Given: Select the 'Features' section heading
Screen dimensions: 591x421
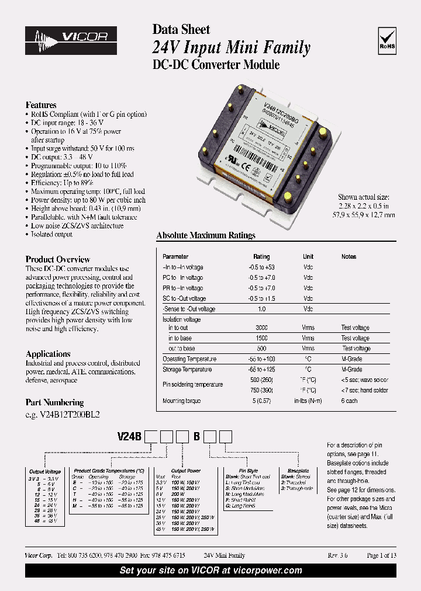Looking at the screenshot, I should pyautogui.click(x=41, y=105).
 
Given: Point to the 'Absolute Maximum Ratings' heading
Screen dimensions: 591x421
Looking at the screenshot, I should pyautogui.click(x=206, y=235).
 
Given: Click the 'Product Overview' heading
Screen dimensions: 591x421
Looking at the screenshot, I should pyautogui.click(x=58, y=259).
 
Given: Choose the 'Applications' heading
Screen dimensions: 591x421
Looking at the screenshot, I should pyautogui.click(x=48, y=354).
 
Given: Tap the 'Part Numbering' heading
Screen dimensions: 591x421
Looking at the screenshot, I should pyautogui.click(x=54, y=402).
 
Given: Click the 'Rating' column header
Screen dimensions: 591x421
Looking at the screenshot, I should pyautogui.click(x=261, y=256).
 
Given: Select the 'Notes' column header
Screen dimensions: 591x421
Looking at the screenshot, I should pyautogui.click(x=348, y=256).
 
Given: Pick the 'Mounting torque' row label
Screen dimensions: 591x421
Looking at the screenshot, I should pyautogui.click(x=181, y=401).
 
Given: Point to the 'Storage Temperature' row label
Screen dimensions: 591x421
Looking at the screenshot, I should pyautogui.click(x=187, y=370).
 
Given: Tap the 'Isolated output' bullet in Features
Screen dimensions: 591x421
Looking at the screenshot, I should pyautogui.click(x=51, y=234).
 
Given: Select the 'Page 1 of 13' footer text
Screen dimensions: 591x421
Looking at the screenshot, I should pyautogui.click(x=381, y=555).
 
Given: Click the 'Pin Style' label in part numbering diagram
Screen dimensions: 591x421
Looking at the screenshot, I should pyautogui.click(x=248, y=470).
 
